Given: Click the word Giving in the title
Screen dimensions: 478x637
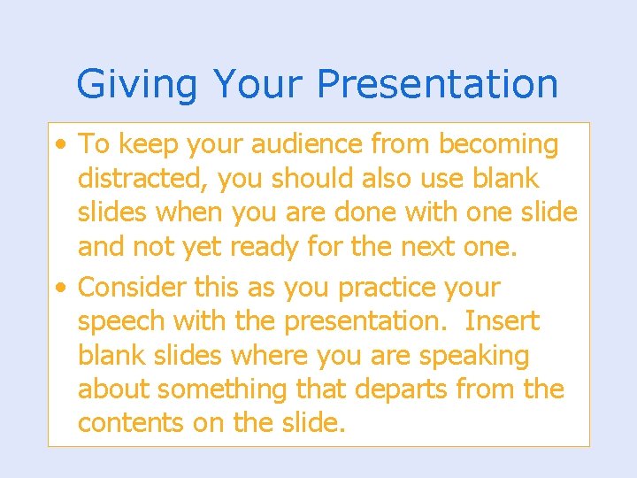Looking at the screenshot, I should tap(137, 85).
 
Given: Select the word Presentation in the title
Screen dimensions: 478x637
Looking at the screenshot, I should tap(437, 85).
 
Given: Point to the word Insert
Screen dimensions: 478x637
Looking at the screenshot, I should tap(501, 321).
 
